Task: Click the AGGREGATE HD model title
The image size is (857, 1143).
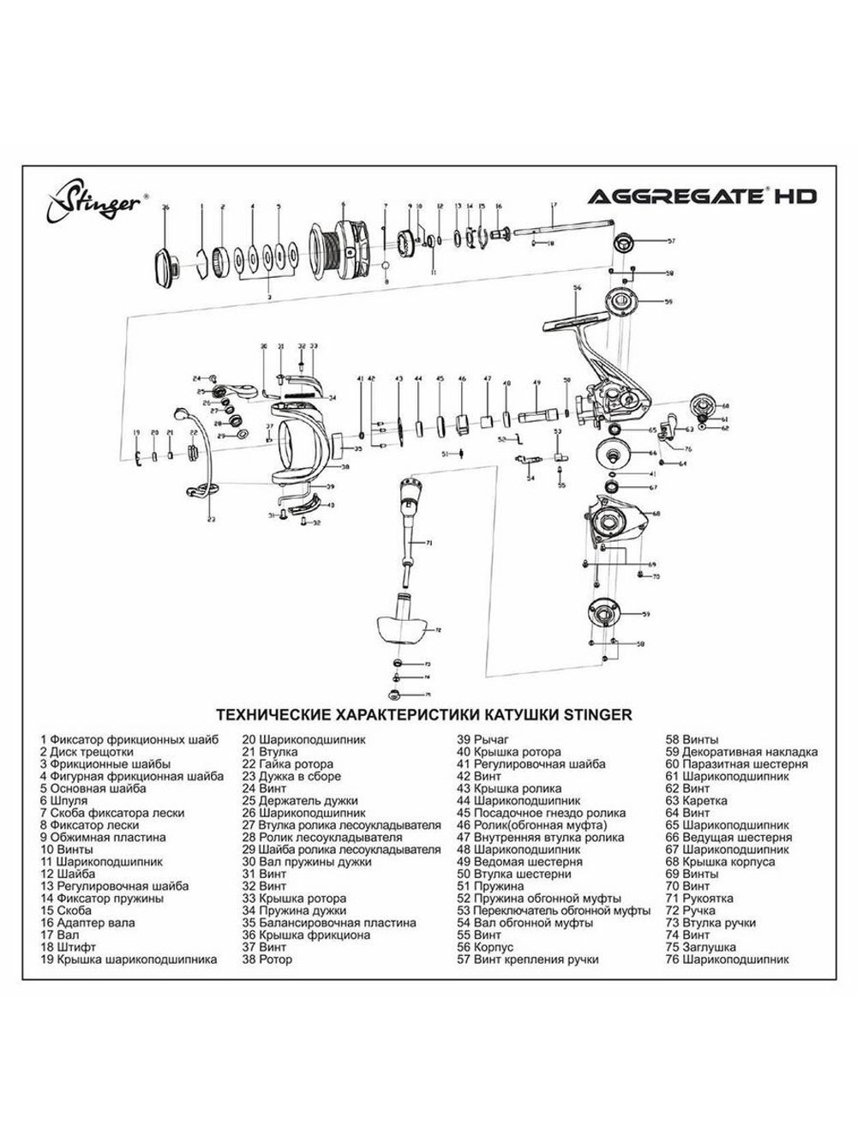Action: pyautogui.click(x=701, y=196)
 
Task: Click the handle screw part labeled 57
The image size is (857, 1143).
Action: pyautogui.click(x=622, y=241)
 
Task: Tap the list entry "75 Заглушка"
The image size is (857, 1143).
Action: pyautogui.click(x=701, y=947)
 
